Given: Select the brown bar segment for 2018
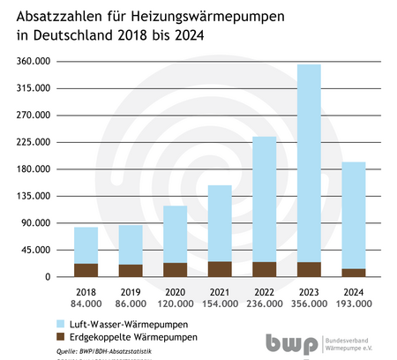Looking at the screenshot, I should [86, 270].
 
